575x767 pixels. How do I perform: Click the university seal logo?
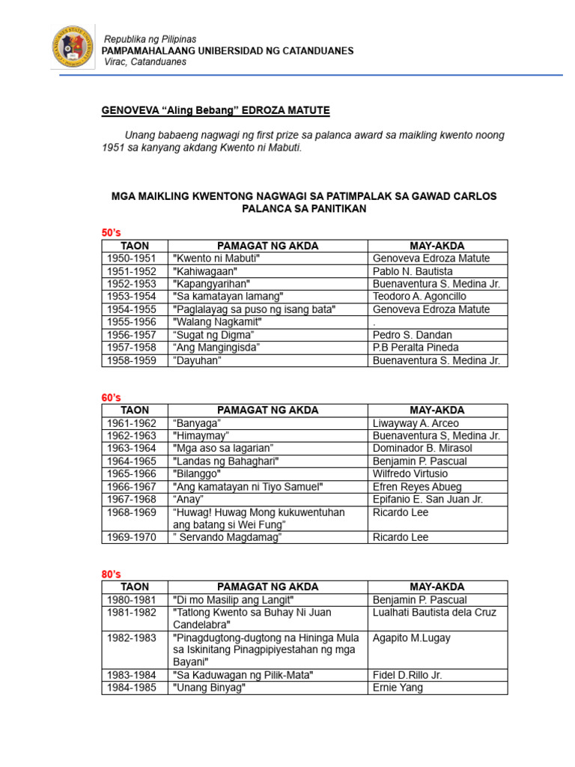tap(73, 50)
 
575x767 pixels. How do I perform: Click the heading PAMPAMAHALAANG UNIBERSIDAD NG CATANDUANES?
tap(228, 51)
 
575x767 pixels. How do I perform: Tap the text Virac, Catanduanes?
tap(145, 62)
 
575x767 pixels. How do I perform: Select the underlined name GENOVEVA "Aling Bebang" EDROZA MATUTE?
tap(216, 111)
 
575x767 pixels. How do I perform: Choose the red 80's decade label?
tap(111, 574)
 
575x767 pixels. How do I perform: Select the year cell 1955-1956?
tap(132, 322)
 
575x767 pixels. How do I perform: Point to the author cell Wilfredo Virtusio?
tap(410, 474)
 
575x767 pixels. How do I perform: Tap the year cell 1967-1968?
tap(132, 500)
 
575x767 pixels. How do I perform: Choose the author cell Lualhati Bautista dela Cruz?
tap(434, 613)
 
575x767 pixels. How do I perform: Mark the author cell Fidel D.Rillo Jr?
tap(407, 675)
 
